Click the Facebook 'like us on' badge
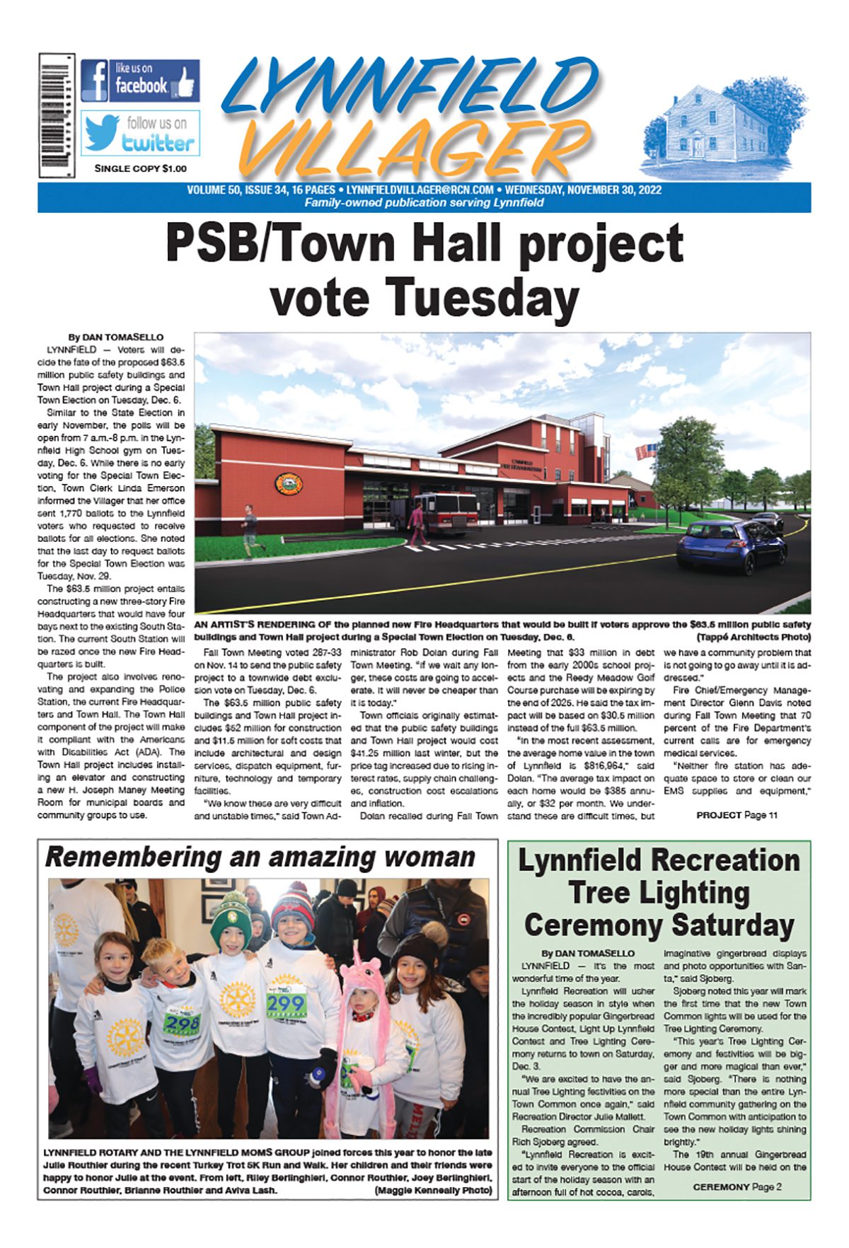(140, 81)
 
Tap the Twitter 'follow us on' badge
(140, 133)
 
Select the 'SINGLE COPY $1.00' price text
(140, 168)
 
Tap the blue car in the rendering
(731, 545)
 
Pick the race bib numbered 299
(286, 1003)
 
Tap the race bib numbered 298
(182, 1023)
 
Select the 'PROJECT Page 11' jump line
(737, 815)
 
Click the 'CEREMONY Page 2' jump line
(737, 1186)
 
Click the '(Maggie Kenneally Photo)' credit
(433, 1190)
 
